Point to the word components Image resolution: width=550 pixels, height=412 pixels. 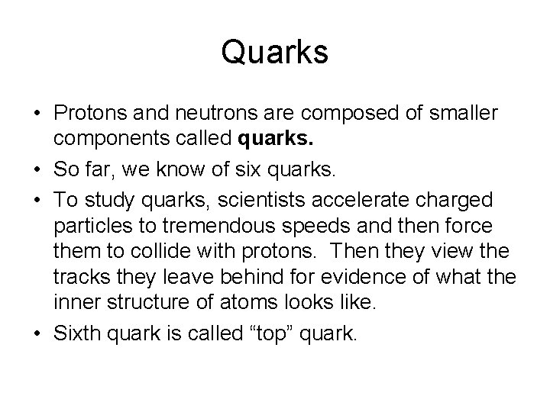[108, 140]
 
